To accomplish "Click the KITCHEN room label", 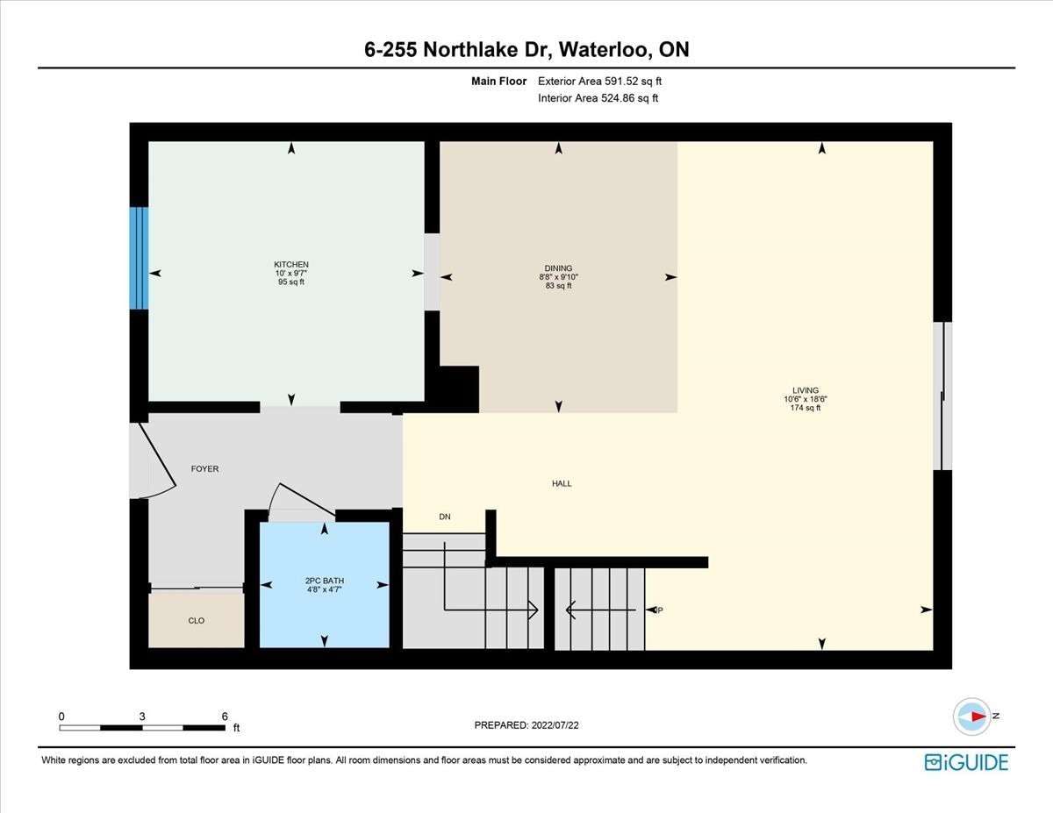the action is click(x=290, y=264).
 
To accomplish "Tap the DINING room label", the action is click(x=558, y=268).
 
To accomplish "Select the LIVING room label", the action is click(x=806, y=390).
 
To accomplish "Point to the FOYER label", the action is click(x=204, y=468).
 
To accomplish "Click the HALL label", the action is click(x=562, y=483).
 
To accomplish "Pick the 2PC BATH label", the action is click(x=325, y=581).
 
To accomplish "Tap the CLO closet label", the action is click(x=197, y=621).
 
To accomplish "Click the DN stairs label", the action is click(x=445, y=517).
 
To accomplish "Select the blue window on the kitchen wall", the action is click(x=139, y=258).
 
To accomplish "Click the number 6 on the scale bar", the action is click(x=225, y=717).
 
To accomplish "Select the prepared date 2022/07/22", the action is click(x=555, y=725).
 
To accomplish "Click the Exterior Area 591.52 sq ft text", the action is click(x=599, y=82).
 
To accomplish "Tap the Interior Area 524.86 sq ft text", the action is click(x=598, y=98).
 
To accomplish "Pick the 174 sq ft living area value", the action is click(x=806, y=408).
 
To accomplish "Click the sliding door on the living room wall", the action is click(x=942, y=396).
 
